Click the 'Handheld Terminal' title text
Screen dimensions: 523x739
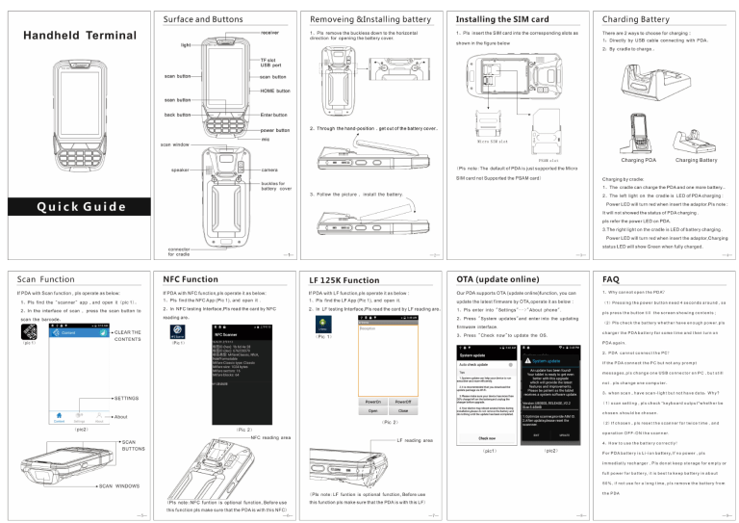pyautogui.click(x=70, y=35)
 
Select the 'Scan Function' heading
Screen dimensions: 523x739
pyautogui.click(x=47, y=277)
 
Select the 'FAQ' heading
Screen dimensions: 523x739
pyautogui.click(x=610, y=277)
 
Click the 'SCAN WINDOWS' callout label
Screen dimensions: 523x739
pyautogui.click(x=123, y=485)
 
